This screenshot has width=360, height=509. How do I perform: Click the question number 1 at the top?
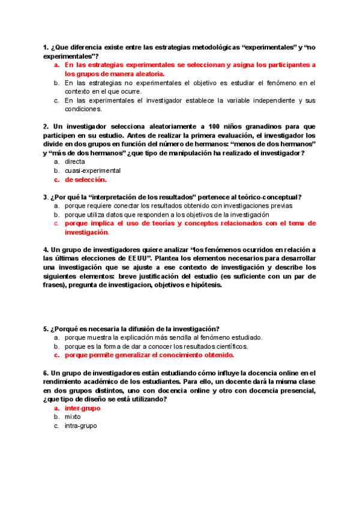(46, 47)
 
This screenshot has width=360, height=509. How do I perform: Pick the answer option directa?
(75, 161)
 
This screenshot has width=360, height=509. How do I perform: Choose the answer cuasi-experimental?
(92, 170)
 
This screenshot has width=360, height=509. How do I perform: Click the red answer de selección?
(86, 179)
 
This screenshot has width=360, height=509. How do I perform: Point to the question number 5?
(45, 328)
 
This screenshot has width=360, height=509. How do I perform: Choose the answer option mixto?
(73, 417)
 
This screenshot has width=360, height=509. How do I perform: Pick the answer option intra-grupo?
(80, 426)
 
